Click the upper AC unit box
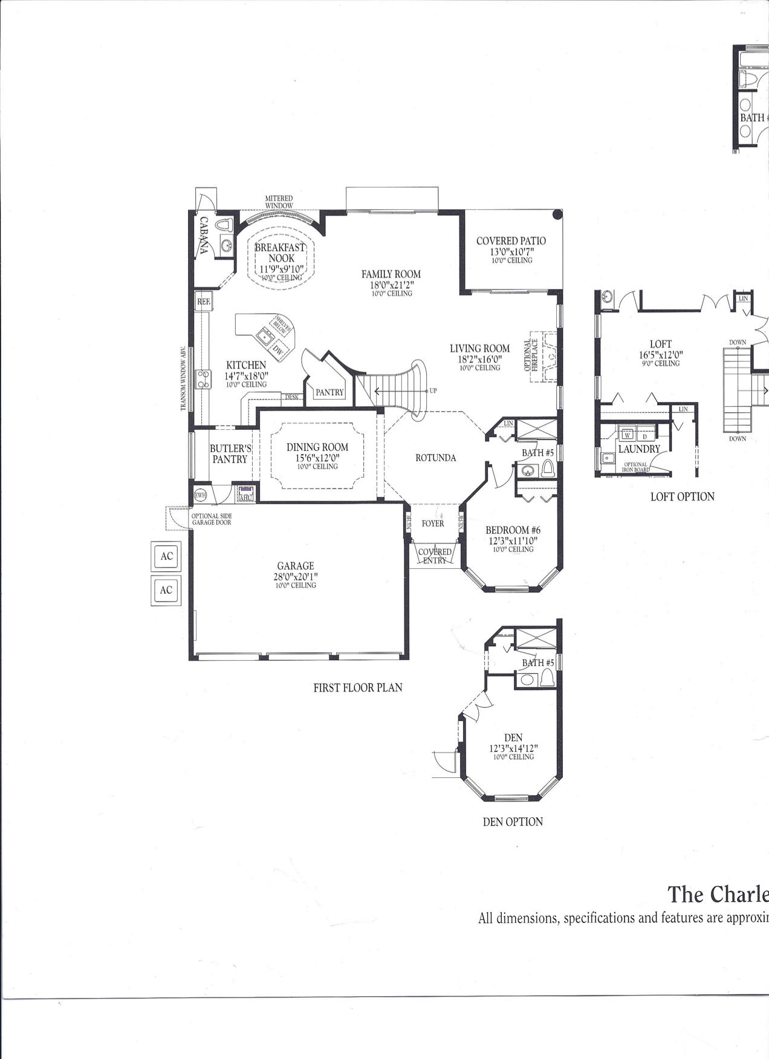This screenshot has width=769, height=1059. [166, 556]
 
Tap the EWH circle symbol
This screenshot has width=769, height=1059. [200, 495]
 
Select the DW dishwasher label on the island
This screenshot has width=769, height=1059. [277, 349]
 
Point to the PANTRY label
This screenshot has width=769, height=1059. [329, 392]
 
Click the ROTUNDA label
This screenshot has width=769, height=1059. [435, 458]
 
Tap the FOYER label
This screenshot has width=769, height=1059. [433, 523]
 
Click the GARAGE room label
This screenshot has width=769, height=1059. [296, 566]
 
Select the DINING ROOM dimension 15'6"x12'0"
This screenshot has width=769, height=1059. [317, 458]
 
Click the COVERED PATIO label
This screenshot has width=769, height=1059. [511, 241]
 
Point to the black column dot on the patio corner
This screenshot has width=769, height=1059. [557, 214]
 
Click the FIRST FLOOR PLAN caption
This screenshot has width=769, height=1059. [357, 687]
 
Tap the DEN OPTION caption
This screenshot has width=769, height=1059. [513, 821]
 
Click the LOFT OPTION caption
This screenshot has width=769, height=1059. [682, 497]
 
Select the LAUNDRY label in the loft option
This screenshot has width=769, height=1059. [639, 449]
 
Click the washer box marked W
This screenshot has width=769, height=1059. [628, 435]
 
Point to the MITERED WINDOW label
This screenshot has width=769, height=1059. [279, 202]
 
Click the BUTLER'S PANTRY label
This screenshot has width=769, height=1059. [230, 454]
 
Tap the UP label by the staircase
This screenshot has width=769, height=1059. [433, 391]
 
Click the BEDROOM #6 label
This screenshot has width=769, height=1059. [513, 530]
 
